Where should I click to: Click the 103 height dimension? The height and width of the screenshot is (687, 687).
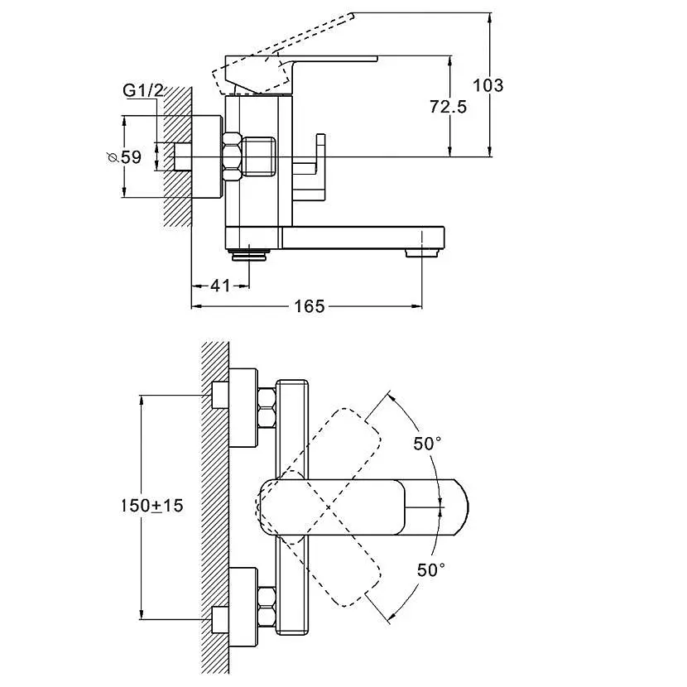(488, 84)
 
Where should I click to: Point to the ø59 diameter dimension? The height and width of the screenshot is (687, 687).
(124, 156)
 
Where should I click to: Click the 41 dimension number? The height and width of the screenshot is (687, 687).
(219, 286)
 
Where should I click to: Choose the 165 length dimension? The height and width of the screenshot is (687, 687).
(309, 307)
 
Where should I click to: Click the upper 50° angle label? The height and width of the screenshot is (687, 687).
(427, 444)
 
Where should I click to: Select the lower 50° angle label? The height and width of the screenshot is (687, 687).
(430, 569)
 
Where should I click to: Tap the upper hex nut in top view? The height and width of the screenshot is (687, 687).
(267, 407)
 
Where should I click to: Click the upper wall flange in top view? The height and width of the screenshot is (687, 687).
(241, 405)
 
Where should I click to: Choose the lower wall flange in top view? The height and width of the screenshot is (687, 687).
(241, 605)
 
